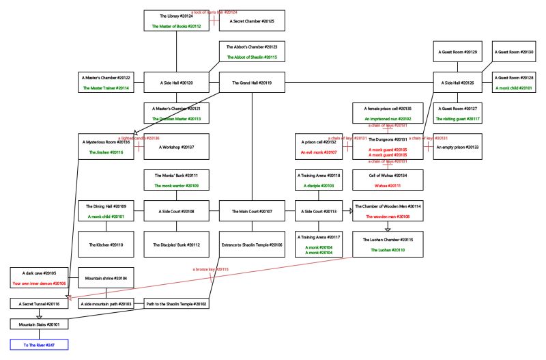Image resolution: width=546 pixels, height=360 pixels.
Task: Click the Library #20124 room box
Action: point(176,20)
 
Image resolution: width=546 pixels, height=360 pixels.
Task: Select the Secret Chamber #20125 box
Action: point(252,20)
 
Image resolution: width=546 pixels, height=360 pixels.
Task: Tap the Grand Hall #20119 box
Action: point(252,83)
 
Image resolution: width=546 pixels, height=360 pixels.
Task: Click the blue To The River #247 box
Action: point(39,345)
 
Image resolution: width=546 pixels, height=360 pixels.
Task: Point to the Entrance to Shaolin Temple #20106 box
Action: point(252,244)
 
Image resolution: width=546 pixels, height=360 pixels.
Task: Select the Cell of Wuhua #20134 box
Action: point(388,180)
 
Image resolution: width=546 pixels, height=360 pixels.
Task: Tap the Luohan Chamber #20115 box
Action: point(388,244)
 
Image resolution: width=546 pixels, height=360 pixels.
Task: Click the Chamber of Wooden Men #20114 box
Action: point(388,211)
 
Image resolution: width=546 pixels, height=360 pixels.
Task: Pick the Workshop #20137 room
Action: point(176,146)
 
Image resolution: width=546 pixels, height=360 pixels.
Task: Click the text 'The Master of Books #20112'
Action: point(176,27)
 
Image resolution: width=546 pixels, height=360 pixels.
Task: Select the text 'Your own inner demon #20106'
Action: point(39,283)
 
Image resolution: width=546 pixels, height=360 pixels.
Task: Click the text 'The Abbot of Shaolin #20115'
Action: point(252,57)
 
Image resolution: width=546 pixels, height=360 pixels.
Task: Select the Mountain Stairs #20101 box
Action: point(39,324)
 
